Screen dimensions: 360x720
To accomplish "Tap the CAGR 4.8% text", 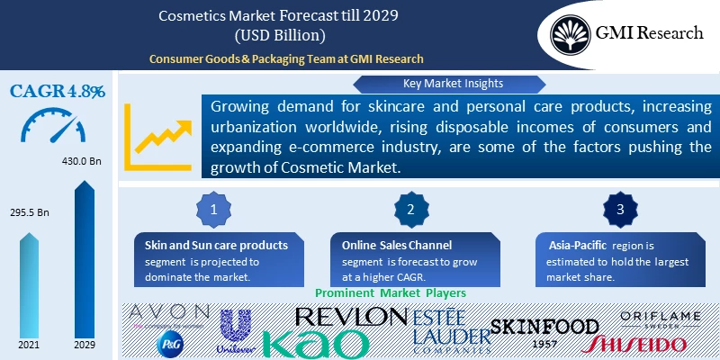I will [x=58, y=91].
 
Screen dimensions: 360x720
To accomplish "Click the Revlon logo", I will [x=351, y=316].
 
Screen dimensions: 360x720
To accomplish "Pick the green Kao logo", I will [x=316, y=343].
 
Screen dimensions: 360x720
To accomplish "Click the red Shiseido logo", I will [x=634, y=344].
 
